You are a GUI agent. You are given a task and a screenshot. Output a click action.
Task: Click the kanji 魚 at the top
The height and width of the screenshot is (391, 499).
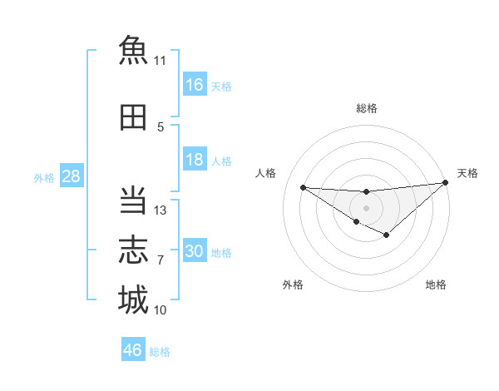[133, 50]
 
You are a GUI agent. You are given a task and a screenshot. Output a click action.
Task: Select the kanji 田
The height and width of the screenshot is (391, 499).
[133, 117]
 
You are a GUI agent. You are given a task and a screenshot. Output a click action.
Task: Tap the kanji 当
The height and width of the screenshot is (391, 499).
[133, 200]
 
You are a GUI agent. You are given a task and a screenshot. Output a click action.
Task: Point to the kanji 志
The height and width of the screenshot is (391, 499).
[133, 250]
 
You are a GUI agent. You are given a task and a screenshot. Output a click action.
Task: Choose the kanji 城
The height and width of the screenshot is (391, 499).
[133, 299]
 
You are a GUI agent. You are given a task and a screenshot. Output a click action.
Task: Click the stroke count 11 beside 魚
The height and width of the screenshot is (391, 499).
[160, 61]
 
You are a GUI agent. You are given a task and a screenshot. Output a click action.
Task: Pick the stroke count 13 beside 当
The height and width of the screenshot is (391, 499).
[160, 210]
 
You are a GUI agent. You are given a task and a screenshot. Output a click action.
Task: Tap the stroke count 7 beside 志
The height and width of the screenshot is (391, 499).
[161, 260]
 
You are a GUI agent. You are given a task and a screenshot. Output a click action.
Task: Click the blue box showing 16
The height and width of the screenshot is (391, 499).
[195, 84]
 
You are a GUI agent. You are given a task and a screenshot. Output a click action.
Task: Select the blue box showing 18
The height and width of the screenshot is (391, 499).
[195, 159]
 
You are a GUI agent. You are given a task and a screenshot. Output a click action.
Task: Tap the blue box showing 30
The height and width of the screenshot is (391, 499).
[195, 250]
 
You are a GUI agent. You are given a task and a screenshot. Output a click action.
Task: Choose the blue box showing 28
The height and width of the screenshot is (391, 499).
[72, 176]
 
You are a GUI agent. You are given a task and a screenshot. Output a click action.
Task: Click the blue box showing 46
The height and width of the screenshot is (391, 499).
[133, 349]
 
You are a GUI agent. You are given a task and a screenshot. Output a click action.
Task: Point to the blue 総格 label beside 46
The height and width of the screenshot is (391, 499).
[160, 352]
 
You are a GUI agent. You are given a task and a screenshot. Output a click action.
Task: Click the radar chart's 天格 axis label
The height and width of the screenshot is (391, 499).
[467, 173]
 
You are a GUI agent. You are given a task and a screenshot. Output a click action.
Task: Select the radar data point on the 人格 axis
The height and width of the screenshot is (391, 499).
[304, 187]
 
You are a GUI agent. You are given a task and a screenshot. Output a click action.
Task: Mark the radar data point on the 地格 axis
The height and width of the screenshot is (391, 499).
[387, 235]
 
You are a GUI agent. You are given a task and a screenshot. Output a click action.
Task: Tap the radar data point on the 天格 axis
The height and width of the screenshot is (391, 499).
[446, 182]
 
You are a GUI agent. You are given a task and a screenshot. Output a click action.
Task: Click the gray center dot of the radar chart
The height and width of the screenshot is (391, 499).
[366, 208]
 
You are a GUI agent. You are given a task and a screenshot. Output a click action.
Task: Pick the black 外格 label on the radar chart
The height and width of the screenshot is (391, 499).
[293, 285]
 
